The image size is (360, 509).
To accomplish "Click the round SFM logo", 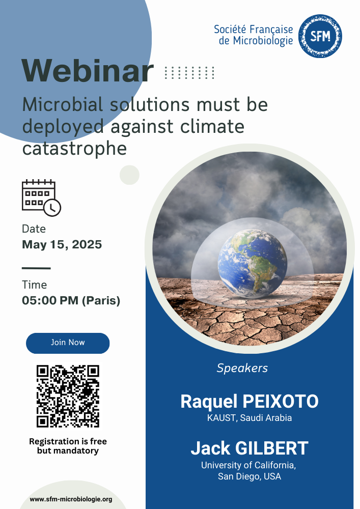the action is pos(320,36).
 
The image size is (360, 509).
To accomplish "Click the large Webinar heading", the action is pos(87,71).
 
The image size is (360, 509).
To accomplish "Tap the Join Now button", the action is pos(68,343).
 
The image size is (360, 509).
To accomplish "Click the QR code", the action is pos(68,396).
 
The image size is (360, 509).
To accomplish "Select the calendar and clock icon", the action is pos(41,197).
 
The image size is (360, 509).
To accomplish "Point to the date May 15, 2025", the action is pos(62,244).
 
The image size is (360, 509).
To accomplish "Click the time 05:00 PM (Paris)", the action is pos(71,300).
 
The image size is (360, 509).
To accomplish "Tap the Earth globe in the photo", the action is pos(252,264).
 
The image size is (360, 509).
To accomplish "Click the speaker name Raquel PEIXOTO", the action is pos(250,401).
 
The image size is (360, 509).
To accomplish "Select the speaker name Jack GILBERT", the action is pos(250,448).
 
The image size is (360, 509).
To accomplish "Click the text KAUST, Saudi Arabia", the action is pos(250,418).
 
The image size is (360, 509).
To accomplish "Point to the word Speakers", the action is pos(242,368).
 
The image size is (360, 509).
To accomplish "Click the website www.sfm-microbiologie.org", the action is pos(71,499).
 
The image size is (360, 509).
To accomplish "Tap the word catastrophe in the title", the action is pos(74,149).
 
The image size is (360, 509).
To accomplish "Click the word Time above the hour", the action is pos(35,285).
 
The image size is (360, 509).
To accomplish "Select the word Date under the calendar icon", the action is pos(34,229).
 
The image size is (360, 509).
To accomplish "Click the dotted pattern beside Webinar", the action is pos(189,73).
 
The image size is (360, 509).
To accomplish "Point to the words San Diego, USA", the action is pos(250,476).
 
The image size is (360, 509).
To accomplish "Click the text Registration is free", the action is pos(68,441).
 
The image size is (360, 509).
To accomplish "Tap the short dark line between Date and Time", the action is pos(36,268).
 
